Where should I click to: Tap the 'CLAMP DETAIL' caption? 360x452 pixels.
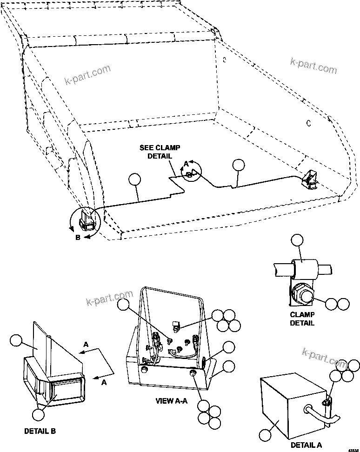coord(302,319)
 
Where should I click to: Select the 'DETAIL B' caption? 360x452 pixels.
coord(40,431)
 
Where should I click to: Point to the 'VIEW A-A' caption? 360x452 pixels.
coord(172,400)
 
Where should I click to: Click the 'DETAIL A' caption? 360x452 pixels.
coord(306,445)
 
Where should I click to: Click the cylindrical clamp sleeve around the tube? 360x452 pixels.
coord(303,268)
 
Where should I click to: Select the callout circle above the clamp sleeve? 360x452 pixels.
coord(296,240)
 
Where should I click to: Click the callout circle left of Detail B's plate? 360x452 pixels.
coord(16,341)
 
